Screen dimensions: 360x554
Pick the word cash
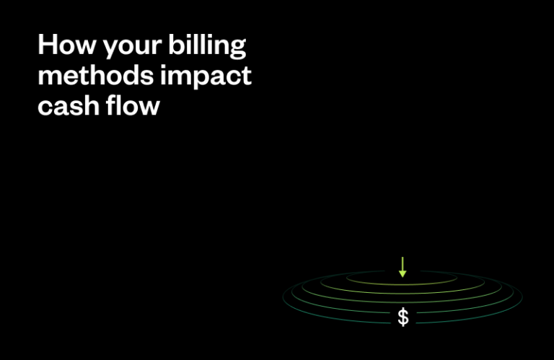point(69,107)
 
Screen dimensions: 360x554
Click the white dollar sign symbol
point(403,317)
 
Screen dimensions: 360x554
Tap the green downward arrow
point(403,266)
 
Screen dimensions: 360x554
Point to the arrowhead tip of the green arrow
point(403,276)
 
